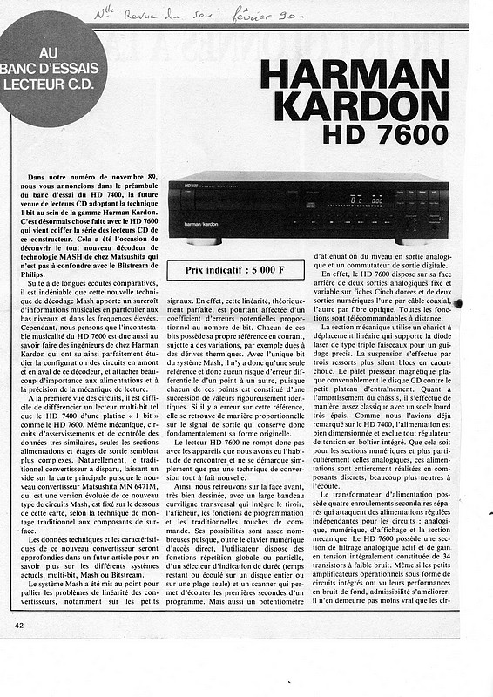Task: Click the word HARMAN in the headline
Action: coord(355,75)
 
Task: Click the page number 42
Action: coord(19,625)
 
